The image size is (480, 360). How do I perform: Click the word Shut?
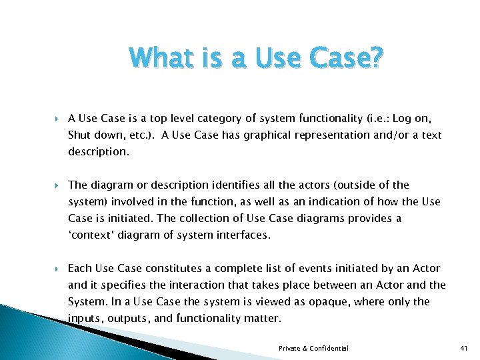pos(79,135)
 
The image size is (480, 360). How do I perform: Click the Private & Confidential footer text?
pos(313,348)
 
